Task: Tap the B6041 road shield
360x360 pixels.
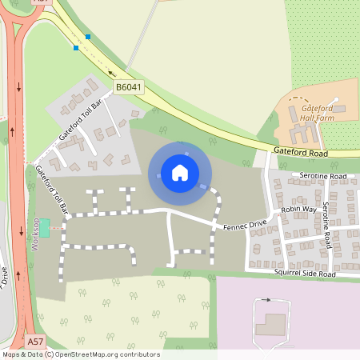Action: coord(128,87)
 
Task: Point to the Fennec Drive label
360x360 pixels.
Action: coord(244,227)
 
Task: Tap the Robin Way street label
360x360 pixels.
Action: coord(298,210)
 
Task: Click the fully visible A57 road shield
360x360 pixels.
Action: coord(34,342)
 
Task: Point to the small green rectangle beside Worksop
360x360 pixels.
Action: coord(44,226)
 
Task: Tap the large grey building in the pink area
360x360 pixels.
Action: coord(270,324)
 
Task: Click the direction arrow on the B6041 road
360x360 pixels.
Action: coord(111,73)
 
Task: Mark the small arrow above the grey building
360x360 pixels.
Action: coord(266,300)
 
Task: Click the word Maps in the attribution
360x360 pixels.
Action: coord(12,354)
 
